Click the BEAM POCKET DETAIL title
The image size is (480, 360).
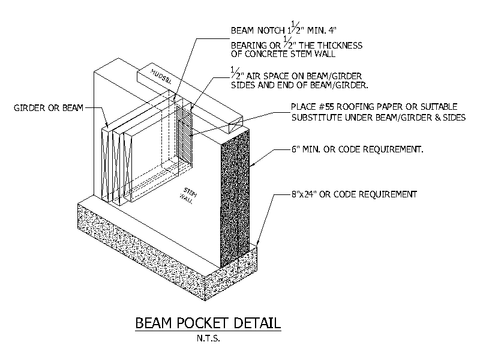[x=208, y=323]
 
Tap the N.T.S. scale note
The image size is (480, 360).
[x=208, y=338]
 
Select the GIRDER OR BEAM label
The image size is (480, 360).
[x=49, y=108]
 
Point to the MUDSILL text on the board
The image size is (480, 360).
[x=161, y=77]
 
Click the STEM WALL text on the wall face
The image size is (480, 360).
[x=188, y=196]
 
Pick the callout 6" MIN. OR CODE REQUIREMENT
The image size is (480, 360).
[x=357, y=149]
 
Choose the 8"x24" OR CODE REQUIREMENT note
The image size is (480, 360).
[x=354, y=194]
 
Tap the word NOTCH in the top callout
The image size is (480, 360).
[x=271, y=31]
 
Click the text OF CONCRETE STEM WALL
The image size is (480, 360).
[x=283, y=54]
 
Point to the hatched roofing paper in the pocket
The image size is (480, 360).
[x=184, y=134]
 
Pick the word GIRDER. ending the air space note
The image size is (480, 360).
[x=352, y=85]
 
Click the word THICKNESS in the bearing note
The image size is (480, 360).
[x=340, y=46]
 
